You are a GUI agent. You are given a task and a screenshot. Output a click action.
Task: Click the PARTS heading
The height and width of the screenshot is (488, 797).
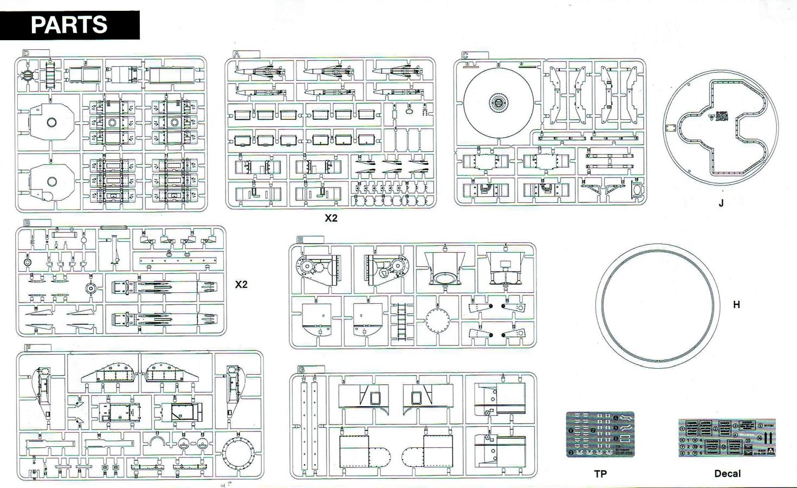tap(69, 25)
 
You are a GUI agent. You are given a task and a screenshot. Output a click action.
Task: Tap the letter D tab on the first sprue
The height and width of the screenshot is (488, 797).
tap(26, 53)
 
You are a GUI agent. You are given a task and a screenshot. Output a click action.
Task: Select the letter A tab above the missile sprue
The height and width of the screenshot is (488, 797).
tap(236, 54)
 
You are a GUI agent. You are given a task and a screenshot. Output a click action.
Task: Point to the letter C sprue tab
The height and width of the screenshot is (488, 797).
tap(465, 55)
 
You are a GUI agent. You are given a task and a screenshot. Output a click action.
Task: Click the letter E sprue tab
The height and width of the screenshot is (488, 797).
tap(300, 240)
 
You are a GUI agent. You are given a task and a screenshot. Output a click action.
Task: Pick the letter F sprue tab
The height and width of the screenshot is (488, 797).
tap(28, 348)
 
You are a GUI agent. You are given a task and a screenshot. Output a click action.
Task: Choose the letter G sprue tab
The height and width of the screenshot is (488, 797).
tap(301, 370)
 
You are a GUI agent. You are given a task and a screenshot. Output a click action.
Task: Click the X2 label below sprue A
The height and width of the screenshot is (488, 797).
tap(331, 218)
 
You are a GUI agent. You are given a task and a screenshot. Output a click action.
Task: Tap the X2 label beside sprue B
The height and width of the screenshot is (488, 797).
tap(241, 284)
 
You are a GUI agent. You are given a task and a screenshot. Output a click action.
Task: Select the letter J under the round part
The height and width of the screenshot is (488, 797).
tap(721, 203)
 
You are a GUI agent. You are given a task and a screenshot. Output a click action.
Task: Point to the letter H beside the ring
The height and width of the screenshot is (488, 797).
tap(736, 305)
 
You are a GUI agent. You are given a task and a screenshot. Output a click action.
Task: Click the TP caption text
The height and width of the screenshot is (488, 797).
tap(600, 473)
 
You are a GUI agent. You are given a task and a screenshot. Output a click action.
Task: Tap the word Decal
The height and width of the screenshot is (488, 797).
tap(727, 473)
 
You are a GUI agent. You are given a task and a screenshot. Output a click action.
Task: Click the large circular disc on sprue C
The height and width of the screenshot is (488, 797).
tap(498, 103)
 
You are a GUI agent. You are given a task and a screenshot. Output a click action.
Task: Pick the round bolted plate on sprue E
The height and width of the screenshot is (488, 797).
tap(438, 320)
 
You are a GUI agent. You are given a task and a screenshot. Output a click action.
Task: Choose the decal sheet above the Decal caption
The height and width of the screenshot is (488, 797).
tap(727, 438)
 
